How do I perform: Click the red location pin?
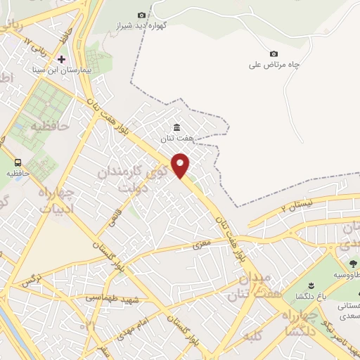pos(181,167)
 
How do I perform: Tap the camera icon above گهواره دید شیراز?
pos(142,15)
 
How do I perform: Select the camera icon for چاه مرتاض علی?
pos(274,53)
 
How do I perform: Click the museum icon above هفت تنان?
pos(176,127)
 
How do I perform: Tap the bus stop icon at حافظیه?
pos(17,162)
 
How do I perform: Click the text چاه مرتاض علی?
pos(274,65)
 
